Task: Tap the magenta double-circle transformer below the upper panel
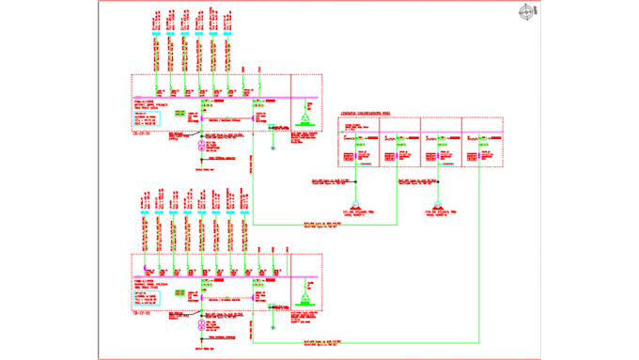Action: click(x=200, y=147)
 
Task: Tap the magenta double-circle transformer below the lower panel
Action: click(x=200, y=326)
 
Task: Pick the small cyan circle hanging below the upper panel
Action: click(x=273, y=148)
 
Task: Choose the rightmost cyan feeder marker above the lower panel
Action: click(x=243, y=215)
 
